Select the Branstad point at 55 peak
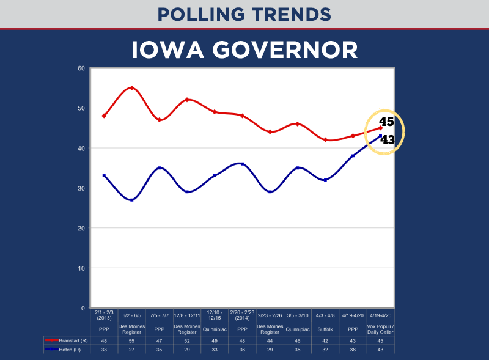[x=131, y=88]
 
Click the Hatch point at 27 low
[x=131, y=200]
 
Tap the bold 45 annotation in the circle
[x=386, y=121]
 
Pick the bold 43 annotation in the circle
[x=388, y=140]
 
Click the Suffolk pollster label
[x=325, y=329]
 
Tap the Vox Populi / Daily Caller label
[x=381, y=329]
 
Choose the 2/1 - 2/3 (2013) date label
[x=104, y=315]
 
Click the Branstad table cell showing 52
[x=187, y=340]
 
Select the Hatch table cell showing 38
[x=353, y=349]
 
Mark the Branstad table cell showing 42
[x=325, y=340]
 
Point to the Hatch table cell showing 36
[x=242, y=349]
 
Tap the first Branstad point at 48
[x=104, y=116]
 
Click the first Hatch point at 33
[x=104, y=176]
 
